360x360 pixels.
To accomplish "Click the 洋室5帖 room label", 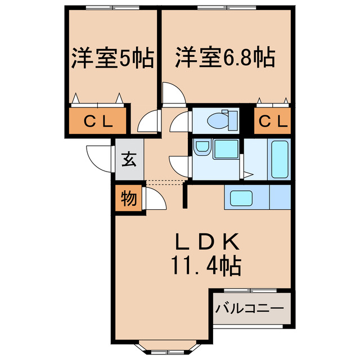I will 112,59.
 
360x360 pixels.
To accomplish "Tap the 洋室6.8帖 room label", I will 224,58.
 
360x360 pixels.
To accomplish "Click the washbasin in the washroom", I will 201,148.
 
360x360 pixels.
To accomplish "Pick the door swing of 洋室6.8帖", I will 173,93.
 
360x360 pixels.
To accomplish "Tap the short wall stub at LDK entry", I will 184,195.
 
